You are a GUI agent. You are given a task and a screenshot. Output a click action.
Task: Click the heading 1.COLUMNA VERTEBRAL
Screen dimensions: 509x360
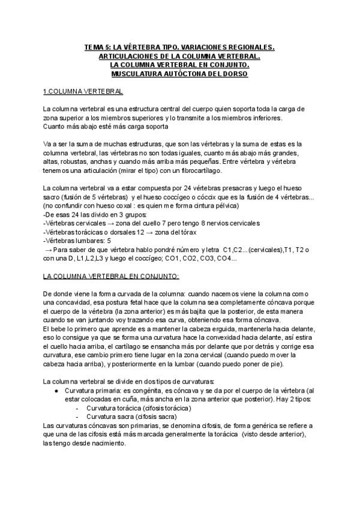(x=83, y=91)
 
